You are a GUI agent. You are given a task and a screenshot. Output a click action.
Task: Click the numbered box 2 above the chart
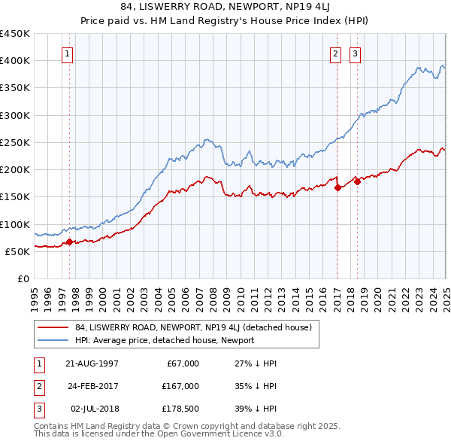click(334, 53)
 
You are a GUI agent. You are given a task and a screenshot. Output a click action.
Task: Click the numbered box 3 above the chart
click(354, 53)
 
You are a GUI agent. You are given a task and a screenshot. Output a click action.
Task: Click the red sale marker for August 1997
click(70, 242)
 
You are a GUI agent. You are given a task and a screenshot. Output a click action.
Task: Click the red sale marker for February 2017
click(337, 188)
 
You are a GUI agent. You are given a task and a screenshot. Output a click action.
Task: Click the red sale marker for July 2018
click(357, 181)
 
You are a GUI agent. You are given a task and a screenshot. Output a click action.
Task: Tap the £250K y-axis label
click(15, 142)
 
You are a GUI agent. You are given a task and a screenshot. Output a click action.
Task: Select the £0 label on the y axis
click(23, 278)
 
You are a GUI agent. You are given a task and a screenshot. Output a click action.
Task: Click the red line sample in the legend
click(53, 327)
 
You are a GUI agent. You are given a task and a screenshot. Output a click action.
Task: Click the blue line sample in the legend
click(53, 340)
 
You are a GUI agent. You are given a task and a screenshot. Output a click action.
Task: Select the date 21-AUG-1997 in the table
click(92, 363)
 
